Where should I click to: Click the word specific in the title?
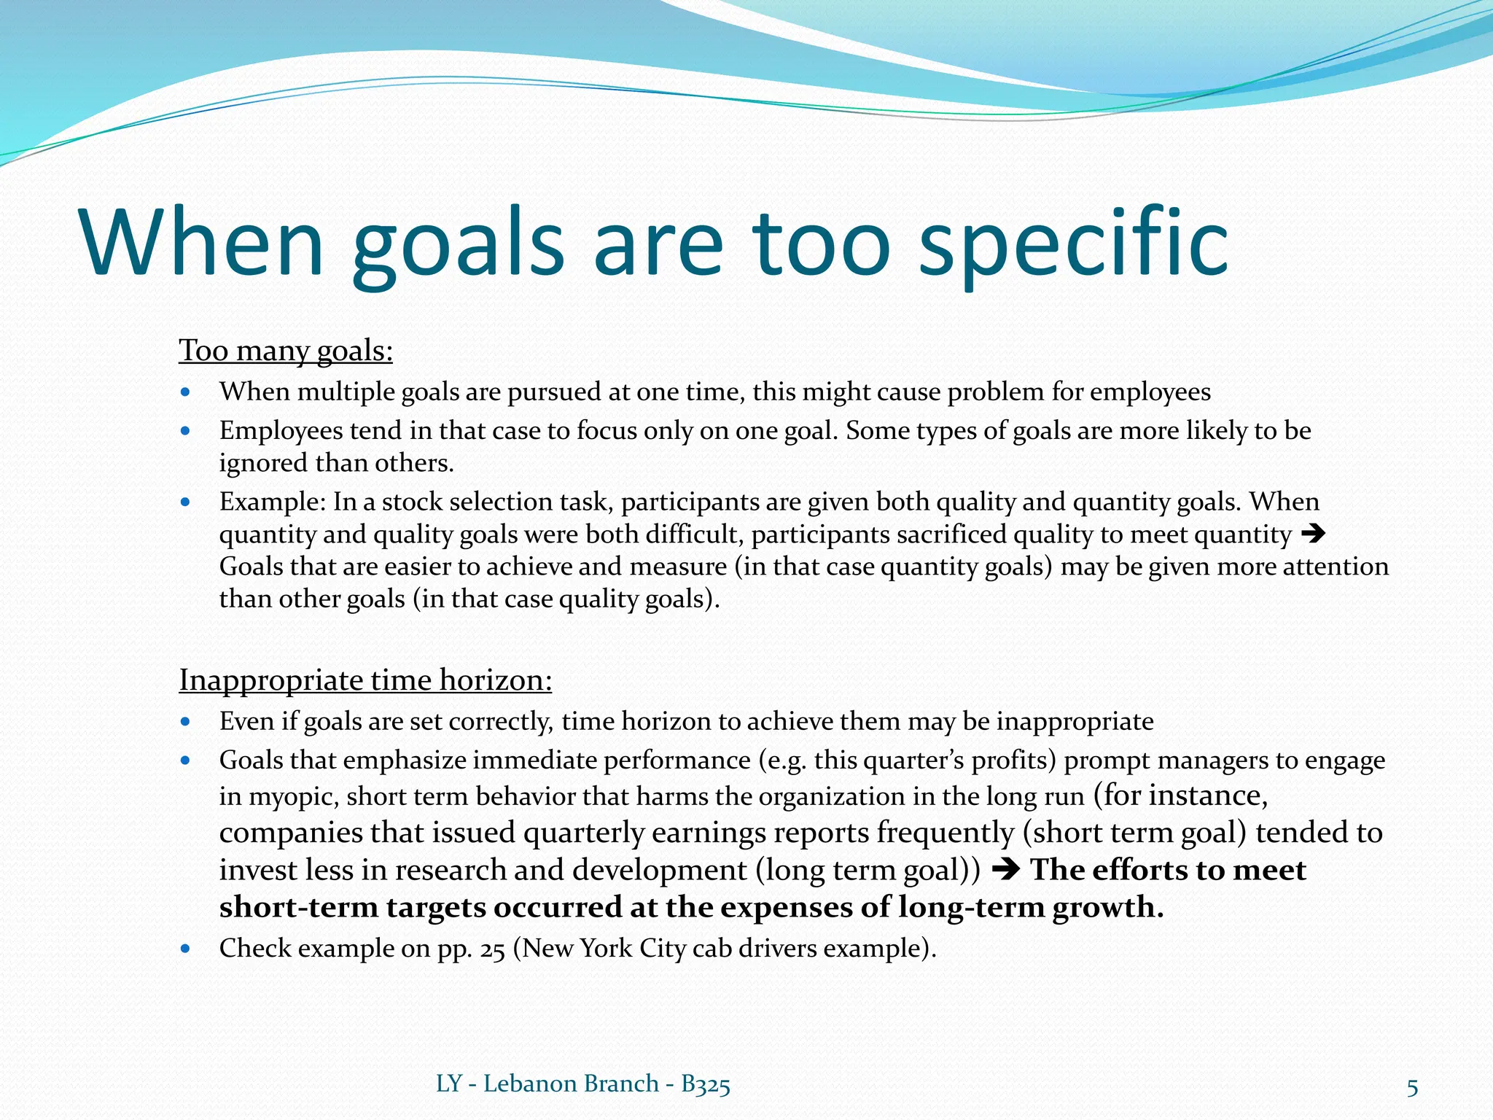[1073, 244]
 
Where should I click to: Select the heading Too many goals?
[286, 351]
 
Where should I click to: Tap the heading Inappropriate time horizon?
[365, 680]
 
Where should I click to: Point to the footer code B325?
[705, 1084]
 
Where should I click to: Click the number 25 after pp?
[493, 949]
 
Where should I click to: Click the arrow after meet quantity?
[1312, 534]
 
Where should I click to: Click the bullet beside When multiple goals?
[186, 392]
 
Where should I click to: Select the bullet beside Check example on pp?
[186, 949]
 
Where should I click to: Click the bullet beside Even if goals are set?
[186, 722]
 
